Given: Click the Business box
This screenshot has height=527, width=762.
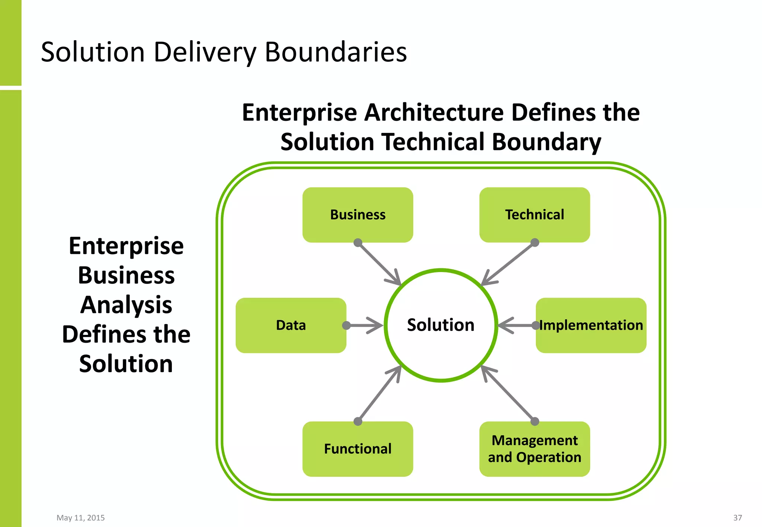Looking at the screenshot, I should [x=358, y=215].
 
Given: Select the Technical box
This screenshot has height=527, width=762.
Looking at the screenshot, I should [x=534, y=215].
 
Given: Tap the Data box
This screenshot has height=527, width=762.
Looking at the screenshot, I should [x=291, y=325].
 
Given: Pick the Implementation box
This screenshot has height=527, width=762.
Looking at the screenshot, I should [x=591, y=325].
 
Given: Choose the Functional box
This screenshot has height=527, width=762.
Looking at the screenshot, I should [x=358, y=449].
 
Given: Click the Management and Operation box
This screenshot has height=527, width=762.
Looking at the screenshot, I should [x=534, y=449].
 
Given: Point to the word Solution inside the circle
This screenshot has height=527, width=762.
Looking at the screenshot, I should [x=441, y=325].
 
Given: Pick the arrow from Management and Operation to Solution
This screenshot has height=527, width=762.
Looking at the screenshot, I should [x=508, y=394].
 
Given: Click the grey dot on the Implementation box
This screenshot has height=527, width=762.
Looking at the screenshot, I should [x=535, y=326].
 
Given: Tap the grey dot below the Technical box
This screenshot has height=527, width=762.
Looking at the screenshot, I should [x=535, y=243].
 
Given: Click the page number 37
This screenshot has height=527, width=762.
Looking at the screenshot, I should [x=737, y=518].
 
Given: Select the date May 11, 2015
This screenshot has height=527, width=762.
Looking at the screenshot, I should [x=80, y=518].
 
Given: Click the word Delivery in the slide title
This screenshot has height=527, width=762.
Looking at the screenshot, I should [x=205, y=52].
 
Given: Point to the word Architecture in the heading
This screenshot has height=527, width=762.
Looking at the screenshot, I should [x=433, y=113].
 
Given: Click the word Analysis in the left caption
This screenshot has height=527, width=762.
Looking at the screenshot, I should [x=126, y=305].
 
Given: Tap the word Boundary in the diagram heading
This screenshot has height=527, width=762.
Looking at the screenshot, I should [x=546, y=142].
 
